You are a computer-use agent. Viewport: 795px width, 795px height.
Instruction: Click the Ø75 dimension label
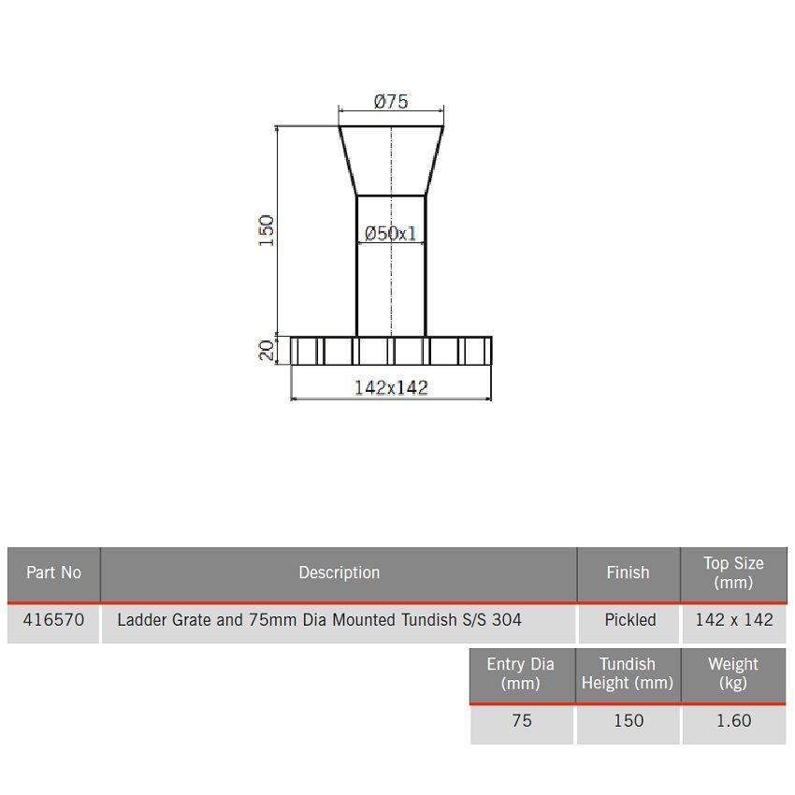[x=391, y=102]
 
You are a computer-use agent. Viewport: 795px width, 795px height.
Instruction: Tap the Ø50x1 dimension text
[x=391, y=233]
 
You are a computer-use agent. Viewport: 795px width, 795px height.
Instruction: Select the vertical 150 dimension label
[x=267, y=230]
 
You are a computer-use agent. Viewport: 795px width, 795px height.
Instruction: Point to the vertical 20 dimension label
[x=267, y=351]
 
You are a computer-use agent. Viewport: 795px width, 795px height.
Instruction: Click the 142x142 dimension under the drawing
[x=391, y=387]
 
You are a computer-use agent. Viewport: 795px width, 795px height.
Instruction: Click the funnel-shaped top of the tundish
[x=391, y=160]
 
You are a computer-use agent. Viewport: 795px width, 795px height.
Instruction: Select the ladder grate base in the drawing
[x=391, y=351]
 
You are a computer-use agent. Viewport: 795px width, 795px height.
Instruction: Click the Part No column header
[x=53, y=572]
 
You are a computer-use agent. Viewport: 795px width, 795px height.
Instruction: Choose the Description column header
[x=339, y=572]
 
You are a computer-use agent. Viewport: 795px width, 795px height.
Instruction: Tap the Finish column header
[x=628, y=572]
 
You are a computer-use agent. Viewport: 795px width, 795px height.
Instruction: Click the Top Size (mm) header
[x=733, y=572]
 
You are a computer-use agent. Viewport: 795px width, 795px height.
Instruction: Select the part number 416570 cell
[x=53, y=619]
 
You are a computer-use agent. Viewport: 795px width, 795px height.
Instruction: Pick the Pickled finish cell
[x=629, y=619]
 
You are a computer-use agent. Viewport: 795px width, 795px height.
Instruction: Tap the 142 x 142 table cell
[x=734, y=619]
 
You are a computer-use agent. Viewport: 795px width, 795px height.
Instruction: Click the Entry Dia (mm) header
[x=520, y=673]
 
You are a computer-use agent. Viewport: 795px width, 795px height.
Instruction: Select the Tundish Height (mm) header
[x=628, y=673]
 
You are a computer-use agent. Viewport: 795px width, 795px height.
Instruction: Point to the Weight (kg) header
[x=733, y=673]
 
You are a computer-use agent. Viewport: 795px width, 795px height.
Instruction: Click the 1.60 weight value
[x=733, y=720]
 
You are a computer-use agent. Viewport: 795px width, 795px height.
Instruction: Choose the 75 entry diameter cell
[x=521, y=720]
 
